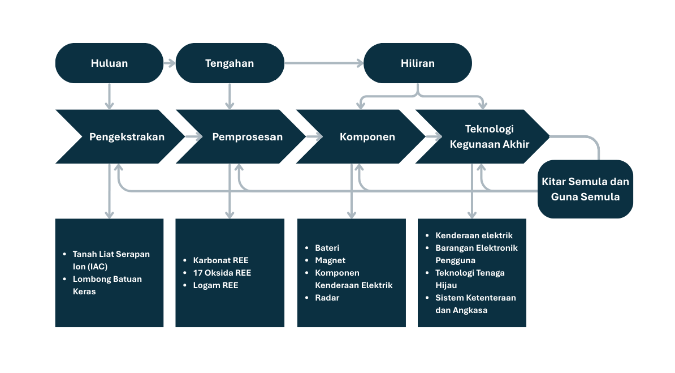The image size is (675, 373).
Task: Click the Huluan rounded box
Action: [x=109, y=63]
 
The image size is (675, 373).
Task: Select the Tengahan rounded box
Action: [x=230, y=63]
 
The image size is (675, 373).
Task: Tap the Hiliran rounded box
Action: [x=418, y=63]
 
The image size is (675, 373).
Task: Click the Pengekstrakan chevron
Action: [x=120, y=137]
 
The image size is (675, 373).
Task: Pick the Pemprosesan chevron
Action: [x=241, y=137]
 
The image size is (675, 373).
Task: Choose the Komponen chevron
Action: [x=361, y=137]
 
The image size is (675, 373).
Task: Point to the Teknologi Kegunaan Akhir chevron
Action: [x=482, y=137]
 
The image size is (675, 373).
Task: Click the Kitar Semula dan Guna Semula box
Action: [x=586, y=189]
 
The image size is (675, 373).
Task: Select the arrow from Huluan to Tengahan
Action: [x=170, y=63]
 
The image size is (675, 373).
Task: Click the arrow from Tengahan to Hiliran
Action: [x=324, y=63]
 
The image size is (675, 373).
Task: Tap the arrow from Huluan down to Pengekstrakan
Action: [x=109, y=96]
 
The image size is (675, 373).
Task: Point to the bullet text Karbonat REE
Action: [x=221, y=260]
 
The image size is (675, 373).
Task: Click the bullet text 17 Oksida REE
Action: [x=222, y=273]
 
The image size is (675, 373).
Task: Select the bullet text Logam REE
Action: [x=216, y=285]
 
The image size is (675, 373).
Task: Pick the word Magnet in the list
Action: [x=330, y=260]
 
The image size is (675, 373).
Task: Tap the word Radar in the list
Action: [x=327, y=298]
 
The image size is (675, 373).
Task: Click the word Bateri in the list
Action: [x=327, y=248]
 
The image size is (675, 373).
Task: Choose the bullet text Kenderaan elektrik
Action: [x=474, y=235]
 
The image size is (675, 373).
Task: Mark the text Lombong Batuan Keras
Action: [x=107, y=285]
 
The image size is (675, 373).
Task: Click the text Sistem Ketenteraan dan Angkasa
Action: [x=475, y=304]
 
